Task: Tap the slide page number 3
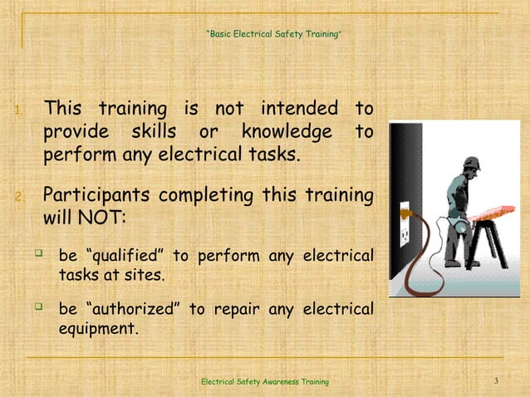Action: (495, 381)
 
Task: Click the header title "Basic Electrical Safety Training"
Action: (272, 35)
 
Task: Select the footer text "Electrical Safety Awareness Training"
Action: (265, 381)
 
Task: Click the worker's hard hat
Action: (470, 162)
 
